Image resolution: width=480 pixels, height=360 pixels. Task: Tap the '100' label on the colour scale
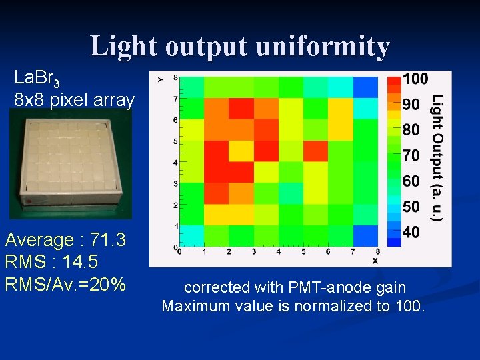pyautogui.click(x=415, y=79)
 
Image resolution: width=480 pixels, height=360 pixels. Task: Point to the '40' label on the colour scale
pyautogui.click(x=411, y=232)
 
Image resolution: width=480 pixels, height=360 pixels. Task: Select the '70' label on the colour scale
pyautogui.click(x=411, y=155)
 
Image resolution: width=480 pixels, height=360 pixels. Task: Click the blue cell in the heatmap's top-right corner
pyautogui.click(x=365, y=87)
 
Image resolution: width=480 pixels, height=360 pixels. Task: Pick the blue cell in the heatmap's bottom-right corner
pyautogui.click(x=365, y=235)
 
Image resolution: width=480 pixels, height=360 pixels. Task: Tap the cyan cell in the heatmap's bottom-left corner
pyautogui.click(x=191, y=235)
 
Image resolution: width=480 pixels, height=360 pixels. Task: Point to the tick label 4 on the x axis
pyautogui.click(x=278, y=252)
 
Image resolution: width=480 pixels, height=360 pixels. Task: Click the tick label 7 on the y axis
pyautogui.click(x=175, y=99)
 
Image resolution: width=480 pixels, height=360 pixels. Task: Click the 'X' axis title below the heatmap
pyautogui.click(x=375, y=261)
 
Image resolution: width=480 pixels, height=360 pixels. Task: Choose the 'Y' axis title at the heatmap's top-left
pyautogui.click(x=160, y=79)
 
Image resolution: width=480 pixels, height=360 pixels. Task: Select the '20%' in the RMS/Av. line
pyautogui.click(x=109, y=284)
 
